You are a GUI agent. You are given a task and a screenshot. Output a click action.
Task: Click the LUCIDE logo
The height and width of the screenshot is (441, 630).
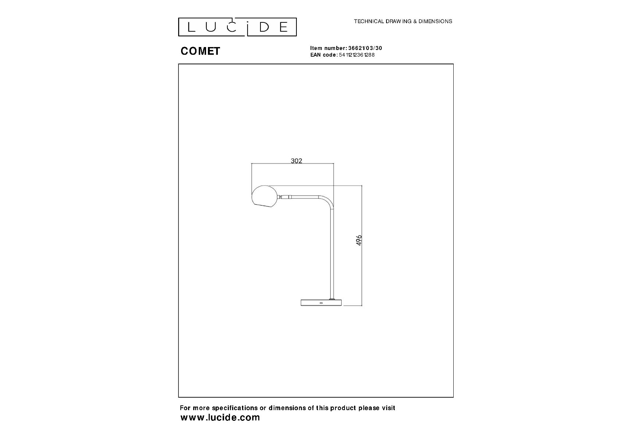pos(237,27)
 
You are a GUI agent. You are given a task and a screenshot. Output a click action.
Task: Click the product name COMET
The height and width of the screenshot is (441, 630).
pos(200,51)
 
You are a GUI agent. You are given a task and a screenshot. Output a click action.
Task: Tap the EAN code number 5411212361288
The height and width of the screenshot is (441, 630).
pos(356,55)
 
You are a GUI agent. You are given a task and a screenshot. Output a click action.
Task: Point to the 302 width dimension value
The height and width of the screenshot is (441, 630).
pos(296,161)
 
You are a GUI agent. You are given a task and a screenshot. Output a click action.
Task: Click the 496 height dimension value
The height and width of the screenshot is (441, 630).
pos(359,240)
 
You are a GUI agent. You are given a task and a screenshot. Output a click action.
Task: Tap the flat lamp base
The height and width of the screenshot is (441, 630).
pos(321,302)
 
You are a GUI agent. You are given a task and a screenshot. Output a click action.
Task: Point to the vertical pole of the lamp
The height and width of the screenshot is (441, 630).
pos(332,254)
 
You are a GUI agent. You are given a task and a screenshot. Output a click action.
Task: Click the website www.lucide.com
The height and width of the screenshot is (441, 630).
pos(220,417)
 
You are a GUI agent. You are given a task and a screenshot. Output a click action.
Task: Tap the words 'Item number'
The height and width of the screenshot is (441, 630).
pos(327,48)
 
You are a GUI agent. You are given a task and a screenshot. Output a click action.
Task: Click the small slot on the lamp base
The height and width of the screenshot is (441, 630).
pos(321,303)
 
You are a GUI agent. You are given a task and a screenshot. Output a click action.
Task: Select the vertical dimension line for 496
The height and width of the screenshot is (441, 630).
pos(362,245)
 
